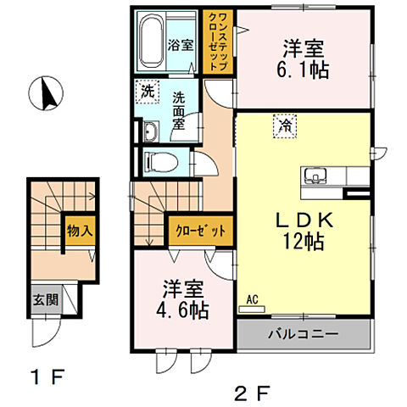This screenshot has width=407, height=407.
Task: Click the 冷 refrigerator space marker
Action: pyautogui.click(x=282, y=125)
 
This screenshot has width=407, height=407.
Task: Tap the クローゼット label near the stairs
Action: pyautogui.click(x=201, y=230)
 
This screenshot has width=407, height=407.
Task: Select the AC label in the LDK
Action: pyautogui.click(x=252, y=299)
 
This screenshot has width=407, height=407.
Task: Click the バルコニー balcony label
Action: pyautogui.click(x=304, y=333)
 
